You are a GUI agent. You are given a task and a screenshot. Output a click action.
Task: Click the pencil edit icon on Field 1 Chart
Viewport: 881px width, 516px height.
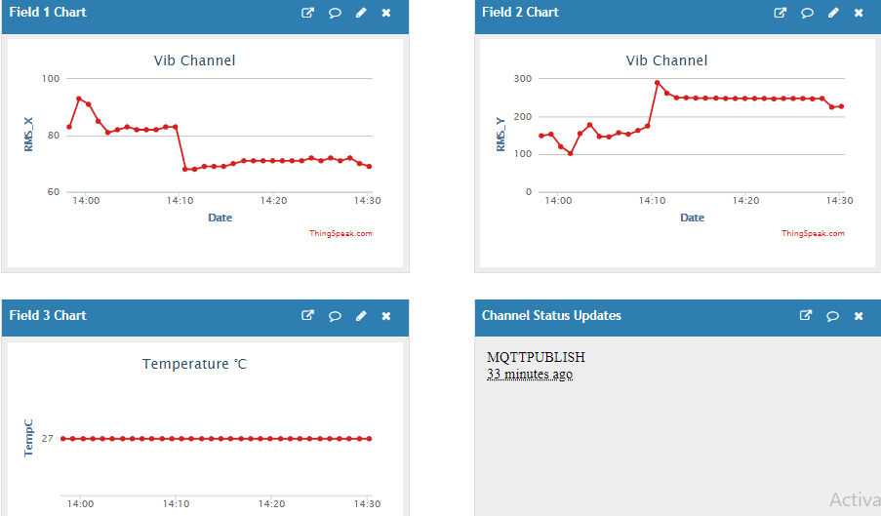pos(361,13)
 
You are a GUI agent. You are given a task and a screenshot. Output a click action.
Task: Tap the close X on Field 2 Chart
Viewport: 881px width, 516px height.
pos(859,13)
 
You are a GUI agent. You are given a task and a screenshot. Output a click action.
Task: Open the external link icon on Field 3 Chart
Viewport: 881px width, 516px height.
pos(307,316)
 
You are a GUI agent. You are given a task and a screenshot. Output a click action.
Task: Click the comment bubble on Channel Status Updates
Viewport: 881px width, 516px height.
pos(832,316)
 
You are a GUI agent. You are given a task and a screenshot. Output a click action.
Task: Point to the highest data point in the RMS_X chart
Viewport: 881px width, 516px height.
pos(79,99)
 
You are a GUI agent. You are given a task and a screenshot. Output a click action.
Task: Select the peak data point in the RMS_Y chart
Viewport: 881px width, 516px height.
pos(658,83)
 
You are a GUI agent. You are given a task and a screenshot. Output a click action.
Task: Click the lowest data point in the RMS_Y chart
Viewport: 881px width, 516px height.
pos(571,153)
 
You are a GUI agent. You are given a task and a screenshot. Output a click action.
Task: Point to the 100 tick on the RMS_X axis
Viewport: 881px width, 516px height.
pos(51,79)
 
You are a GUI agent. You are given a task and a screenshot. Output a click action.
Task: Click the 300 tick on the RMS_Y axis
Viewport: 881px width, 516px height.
pos(523,79)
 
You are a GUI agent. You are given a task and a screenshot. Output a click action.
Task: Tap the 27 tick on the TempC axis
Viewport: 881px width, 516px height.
pos(47,439)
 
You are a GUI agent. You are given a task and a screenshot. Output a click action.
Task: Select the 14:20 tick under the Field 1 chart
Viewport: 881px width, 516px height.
pos(273,200)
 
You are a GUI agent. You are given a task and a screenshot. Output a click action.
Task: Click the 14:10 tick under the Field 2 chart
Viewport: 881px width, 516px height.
pos(652,200)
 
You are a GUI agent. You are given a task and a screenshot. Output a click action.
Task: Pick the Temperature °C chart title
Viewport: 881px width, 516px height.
pos(194,364)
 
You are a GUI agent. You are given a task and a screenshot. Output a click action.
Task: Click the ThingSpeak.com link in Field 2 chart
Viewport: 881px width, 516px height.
pos(813,233)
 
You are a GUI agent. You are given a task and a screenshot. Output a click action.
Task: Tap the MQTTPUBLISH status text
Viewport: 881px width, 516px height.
pos(536,357)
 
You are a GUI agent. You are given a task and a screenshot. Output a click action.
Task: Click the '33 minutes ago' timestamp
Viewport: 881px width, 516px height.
pos(530,374)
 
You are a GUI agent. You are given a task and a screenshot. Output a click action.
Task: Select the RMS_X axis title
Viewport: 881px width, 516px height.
pos(28,135)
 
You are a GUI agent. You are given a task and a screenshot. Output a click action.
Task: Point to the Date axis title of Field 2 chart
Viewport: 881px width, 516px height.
pos(693,218)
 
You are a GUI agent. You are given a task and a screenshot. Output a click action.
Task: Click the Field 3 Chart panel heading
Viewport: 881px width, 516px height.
pos(48,316)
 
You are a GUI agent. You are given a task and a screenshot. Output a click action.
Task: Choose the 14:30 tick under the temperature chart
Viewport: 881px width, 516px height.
pos(368,503)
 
